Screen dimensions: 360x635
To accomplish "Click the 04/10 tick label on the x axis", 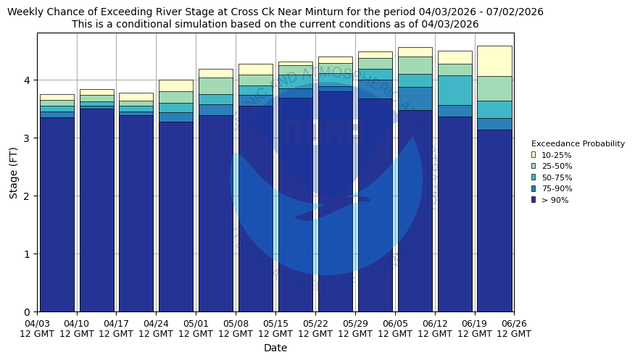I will point(77,328).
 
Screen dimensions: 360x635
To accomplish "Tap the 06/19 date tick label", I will point(474,328).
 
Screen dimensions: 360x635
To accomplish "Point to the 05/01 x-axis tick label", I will point(196,328).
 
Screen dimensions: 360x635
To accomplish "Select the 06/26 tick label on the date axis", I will point(514,328).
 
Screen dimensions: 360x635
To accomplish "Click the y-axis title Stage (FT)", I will point(14,172).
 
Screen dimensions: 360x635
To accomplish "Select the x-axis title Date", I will point(275,348).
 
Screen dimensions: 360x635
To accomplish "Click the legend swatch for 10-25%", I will point(534,155).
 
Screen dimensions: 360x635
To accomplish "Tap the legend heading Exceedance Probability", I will point(578,144).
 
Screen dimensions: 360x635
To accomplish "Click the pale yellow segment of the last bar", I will point(494,61).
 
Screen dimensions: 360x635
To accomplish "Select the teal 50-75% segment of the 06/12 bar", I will point(455,91).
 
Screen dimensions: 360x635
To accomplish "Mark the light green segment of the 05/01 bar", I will point(216,86).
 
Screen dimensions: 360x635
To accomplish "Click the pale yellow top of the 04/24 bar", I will point(176,85).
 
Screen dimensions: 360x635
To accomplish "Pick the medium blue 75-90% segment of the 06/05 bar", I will point(415,99).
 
